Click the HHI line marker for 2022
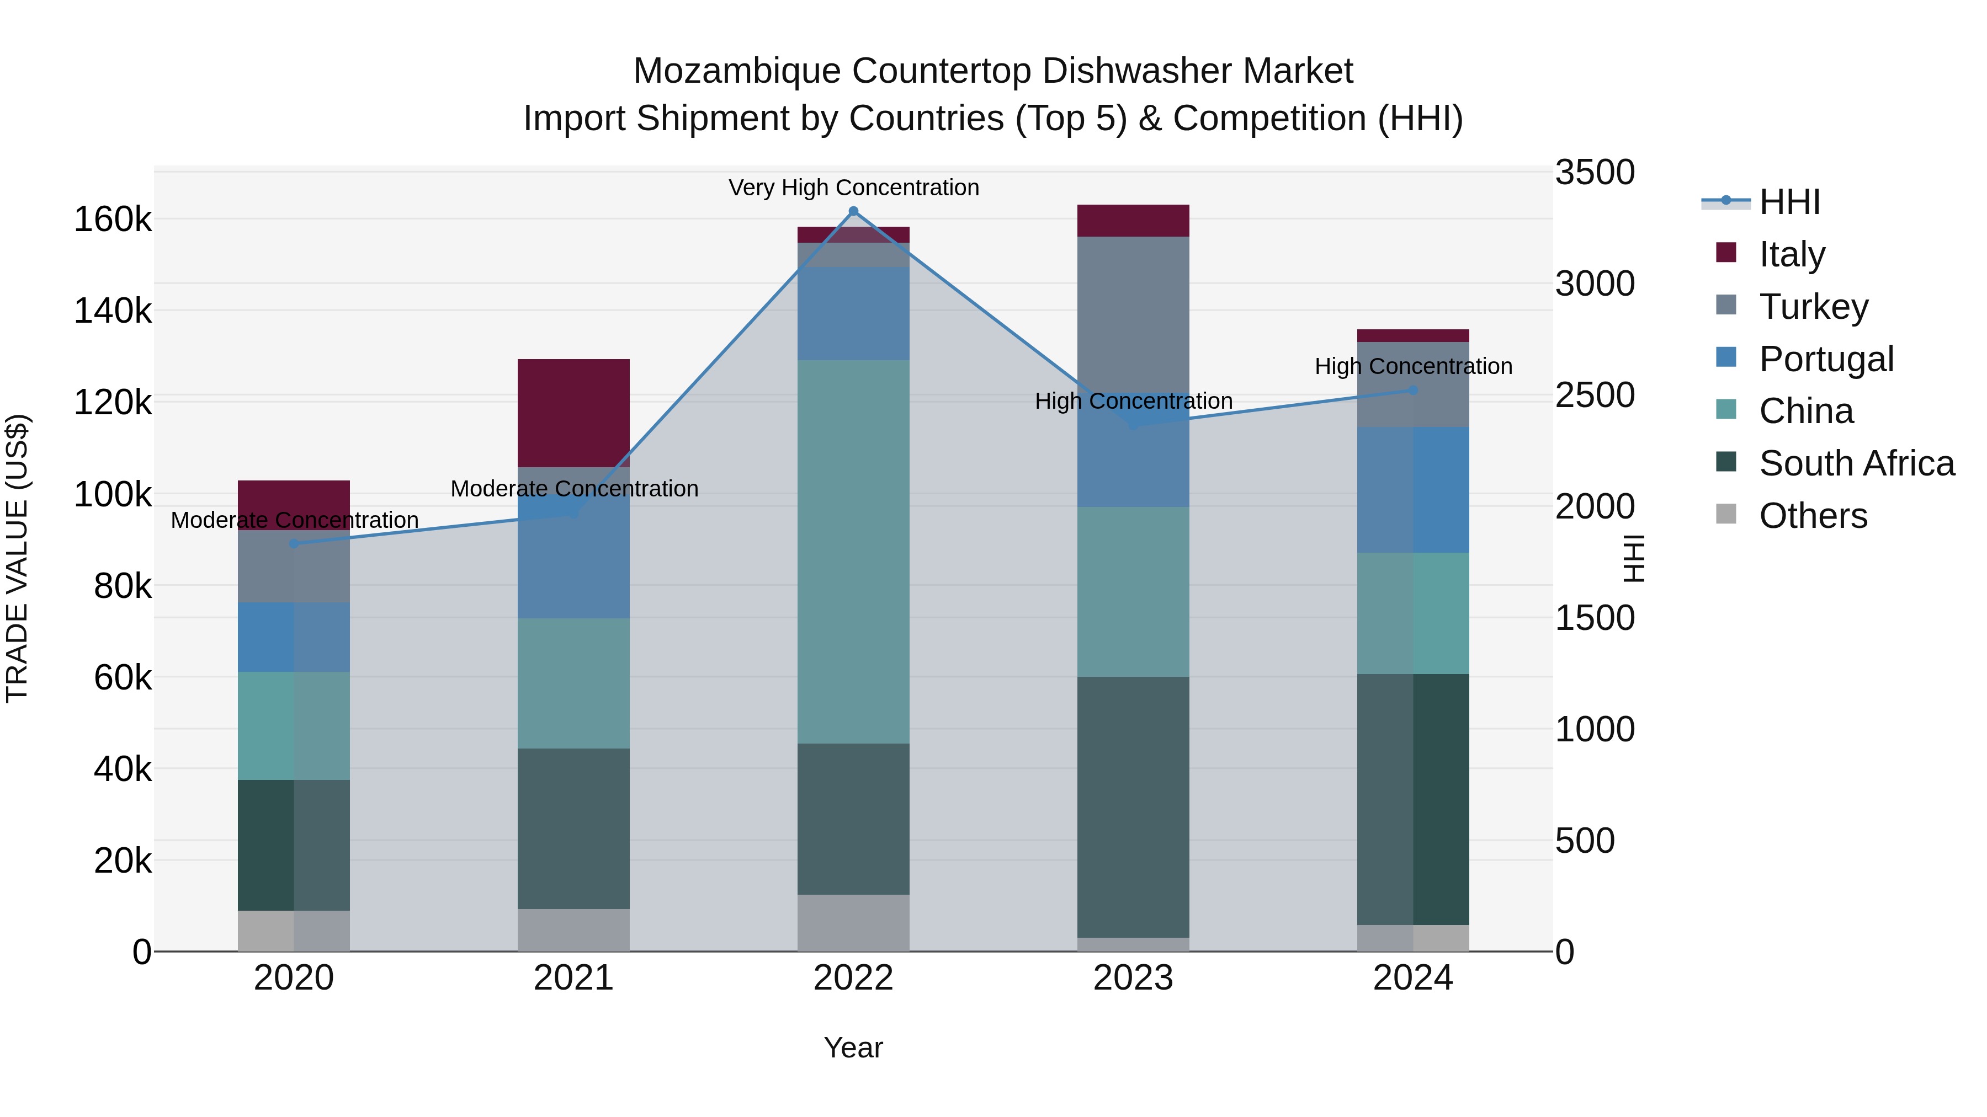click(x=853, y=211)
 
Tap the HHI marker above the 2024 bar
click(x=1413, y=390)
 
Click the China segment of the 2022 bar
click(x=853, y=551)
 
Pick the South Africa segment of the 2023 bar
click(x=1133, y=806)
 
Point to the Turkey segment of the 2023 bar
click(x=1133, y=308)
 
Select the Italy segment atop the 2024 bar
click(x=1413, y=335)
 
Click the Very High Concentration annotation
click(x=853, y=188)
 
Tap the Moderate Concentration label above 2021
click(x=574, y=489)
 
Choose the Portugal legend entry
click(x=1826, y=359)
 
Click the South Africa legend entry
click(x=1856, y=463)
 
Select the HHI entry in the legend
click(x=1789, y=202)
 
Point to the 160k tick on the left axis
click(x=113, y=220)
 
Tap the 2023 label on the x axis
click(x=1133, y=978)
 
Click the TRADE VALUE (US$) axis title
click(x=17, y=558)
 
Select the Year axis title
click(x=853, y=1047)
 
